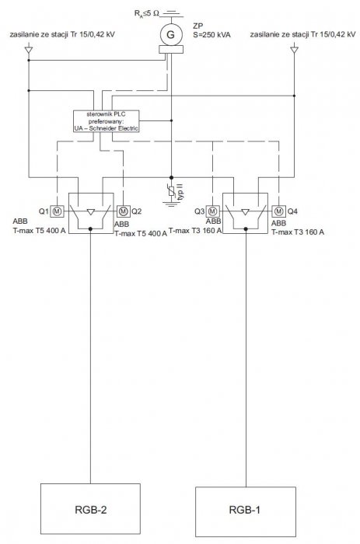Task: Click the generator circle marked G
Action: pyautogui.click(x=171, y=35)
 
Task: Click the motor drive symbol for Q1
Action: pyautogui.click(x=58, y=211)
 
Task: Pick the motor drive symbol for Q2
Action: pyautogui.click(x=124, y=211)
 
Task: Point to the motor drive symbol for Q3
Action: pyautogui.click(x=212, y=211)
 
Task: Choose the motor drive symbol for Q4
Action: pyautogui.click(x=279, y=211)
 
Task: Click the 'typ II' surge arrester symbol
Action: pyautogui.click(x=171, y=191)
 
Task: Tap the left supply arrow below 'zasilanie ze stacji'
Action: pyautogui.click(x=29, y=50)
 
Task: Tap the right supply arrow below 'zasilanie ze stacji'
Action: pyautogui.click(x=295, y=50)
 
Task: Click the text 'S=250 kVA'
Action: pyautogui.click(x=211, y=35)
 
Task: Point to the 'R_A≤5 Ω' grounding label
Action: pyautogui.click(x=146, y=14)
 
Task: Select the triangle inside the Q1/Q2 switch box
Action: pyautogui.click(x=91, y=211)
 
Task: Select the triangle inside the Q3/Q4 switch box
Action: pyautogui.click(x=245, y=211)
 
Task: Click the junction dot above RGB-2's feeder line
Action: pyautogui.click(x=91, y=229)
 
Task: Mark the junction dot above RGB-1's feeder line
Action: pyautogui.click(x=246, y=229)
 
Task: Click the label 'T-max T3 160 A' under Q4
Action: pyautogui.click(x=298, y=232)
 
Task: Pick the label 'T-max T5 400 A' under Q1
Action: pyautogui.click(x=39, y=230)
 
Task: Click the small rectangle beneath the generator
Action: pyautogui.click(x=171, y=50)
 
